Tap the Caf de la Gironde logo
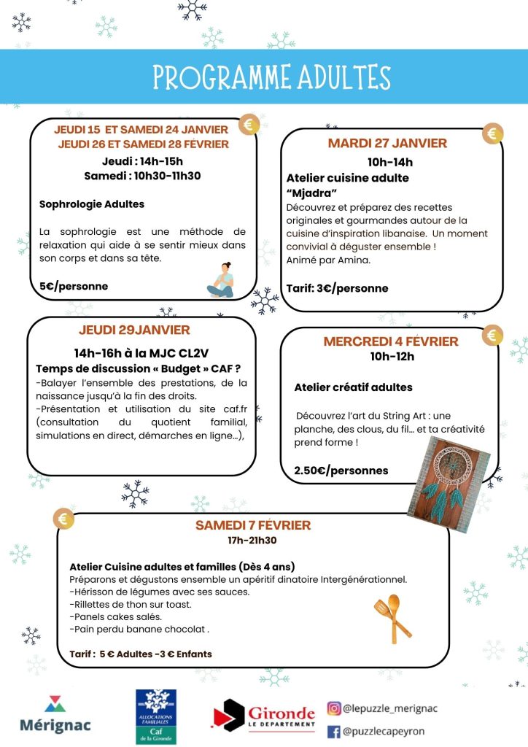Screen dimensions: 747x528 [x=157, y=716]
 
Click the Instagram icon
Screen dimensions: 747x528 [x=334, y=708]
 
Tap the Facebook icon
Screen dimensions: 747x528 [x=334, y=731]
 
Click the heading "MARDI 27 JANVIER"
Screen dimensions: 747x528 [x=387, y=143]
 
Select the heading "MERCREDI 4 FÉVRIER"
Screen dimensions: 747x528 [x=391, y=341]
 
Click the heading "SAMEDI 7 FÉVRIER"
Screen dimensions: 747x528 [x=253, y=525]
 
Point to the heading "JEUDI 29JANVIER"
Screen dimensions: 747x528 [x=134, y=330]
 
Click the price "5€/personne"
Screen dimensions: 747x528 [x=74, y=286]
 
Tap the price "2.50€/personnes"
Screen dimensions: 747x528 [x=341, y=471]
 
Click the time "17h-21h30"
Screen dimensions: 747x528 [x=252, y=541]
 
